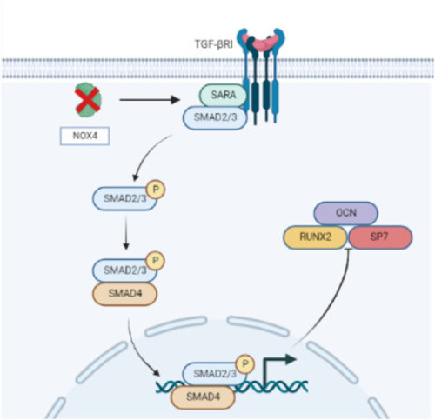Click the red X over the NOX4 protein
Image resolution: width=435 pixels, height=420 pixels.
[x=88, y=100]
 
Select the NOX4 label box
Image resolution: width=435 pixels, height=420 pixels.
[x=84, y=136]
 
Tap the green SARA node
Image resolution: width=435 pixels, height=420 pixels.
[x=223, y=95]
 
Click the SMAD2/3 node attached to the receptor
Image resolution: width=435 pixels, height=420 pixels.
[x=215, y=117]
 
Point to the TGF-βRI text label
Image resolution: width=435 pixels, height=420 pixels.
[x=214, y=44]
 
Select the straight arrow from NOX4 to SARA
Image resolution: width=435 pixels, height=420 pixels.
[x=150, y=100]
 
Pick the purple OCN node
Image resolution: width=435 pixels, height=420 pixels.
[x=345, y=213]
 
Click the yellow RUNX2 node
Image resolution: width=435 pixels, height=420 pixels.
[x=315, y=237]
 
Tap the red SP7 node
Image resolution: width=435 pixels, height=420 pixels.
[x=380, y=237]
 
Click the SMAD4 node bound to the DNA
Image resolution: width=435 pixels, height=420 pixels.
[x=203, y=397]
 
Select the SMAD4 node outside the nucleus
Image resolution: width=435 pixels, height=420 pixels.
[x=125, y=294]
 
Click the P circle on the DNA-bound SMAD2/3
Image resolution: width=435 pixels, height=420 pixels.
[x=245, y=363]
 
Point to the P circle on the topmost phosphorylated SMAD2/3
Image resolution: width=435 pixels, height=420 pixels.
[x=156, y=190]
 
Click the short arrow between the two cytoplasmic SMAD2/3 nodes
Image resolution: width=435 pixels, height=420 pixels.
[x=126, y=233]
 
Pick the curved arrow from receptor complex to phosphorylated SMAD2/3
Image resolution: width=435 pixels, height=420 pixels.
[x=147, y=154]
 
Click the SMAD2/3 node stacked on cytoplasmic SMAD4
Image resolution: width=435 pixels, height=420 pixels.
[x=125, y=270]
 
